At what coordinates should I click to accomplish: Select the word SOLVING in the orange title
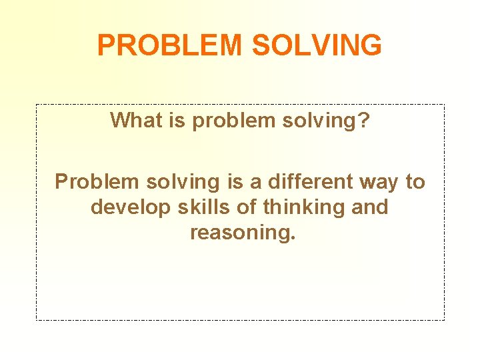317,45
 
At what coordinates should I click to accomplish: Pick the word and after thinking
369,207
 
